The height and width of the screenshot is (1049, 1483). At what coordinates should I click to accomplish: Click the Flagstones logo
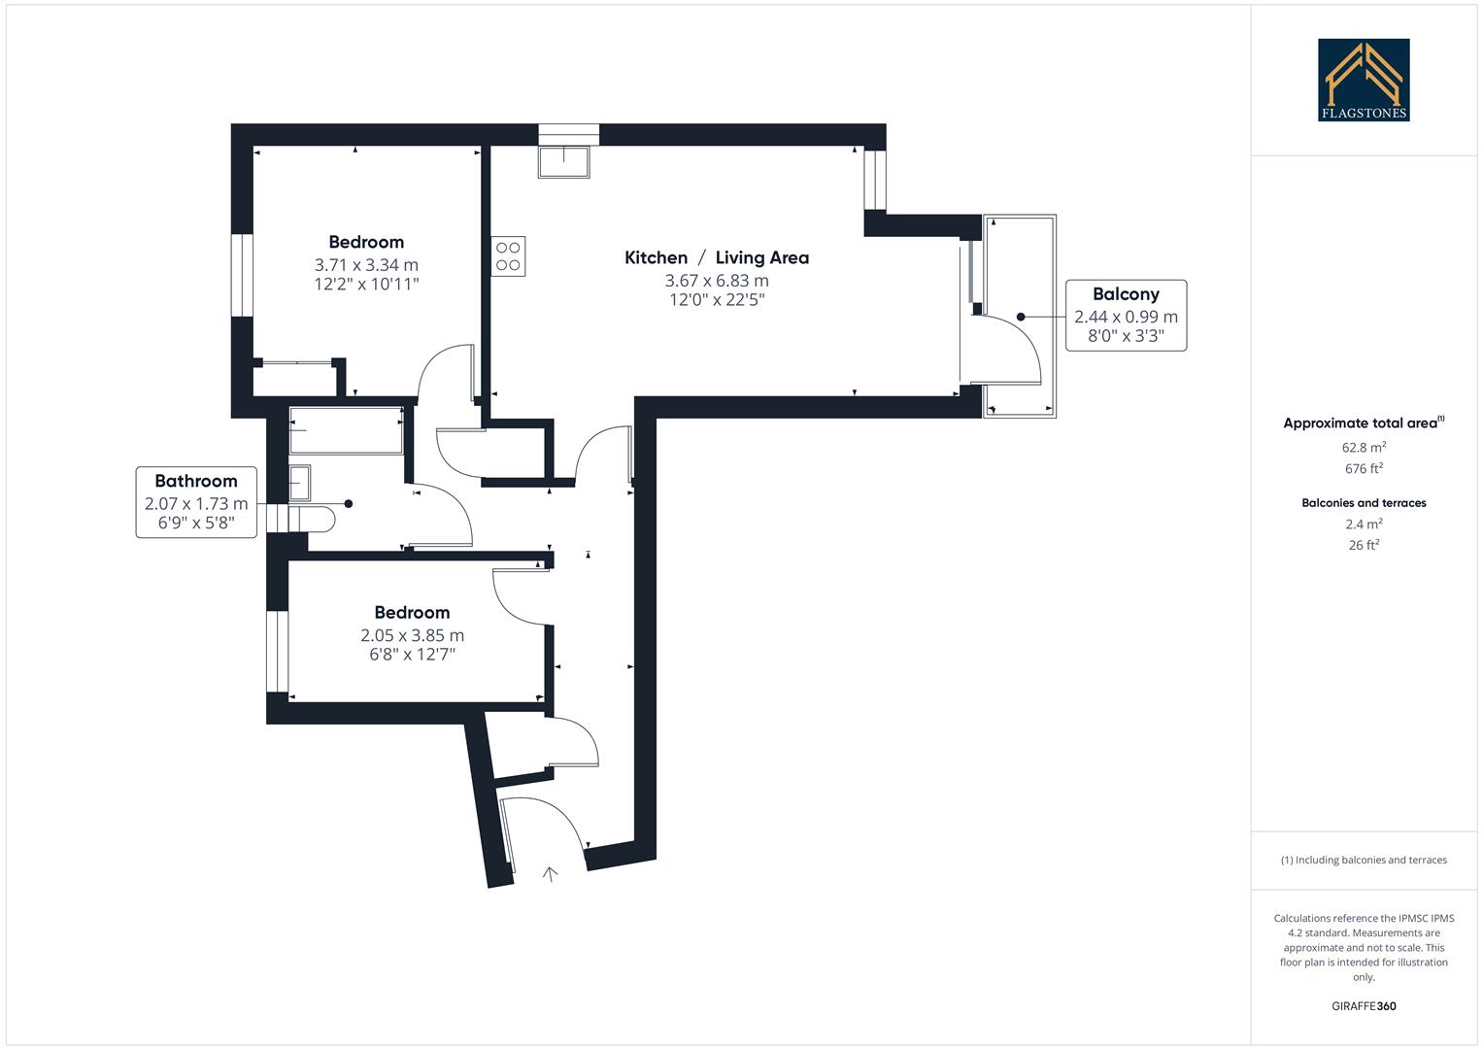click(1364, 80)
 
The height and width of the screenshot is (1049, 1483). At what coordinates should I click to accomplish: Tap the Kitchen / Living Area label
click(716, 257)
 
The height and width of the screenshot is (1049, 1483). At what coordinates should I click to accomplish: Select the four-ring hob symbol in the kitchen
click(508, 256)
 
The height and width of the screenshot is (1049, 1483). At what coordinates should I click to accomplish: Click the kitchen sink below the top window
click(563, 161)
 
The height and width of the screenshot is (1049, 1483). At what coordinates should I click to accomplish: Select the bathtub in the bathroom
click(346, 430)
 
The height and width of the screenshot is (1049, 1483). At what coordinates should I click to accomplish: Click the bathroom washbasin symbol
click(300, 482)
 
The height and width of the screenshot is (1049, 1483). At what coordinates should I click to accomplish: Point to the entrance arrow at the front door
click(550, 874)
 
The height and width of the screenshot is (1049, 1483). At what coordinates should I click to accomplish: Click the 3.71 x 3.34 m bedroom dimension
click(366, 264)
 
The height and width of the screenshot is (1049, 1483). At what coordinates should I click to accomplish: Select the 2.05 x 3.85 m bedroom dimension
click(412, 635)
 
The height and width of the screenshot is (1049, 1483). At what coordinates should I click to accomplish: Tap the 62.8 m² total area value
click(1364, 448)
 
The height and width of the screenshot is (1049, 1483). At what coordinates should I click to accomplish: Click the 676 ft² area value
click(1364, 469)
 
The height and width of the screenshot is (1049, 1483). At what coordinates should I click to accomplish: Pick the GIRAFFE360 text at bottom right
click(1364, 1006)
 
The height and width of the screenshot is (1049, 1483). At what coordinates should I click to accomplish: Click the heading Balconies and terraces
click(1364, 503)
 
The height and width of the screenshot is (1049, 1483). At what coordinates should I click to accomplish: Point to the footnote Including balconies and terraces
click(1364, 860)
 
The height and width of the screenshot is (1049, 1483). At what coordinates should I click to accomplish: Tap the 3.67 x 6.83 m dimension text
click(716, 281)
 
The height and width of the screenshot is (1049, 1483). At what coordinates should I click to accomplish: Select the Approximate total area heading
click(1362, 423)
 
